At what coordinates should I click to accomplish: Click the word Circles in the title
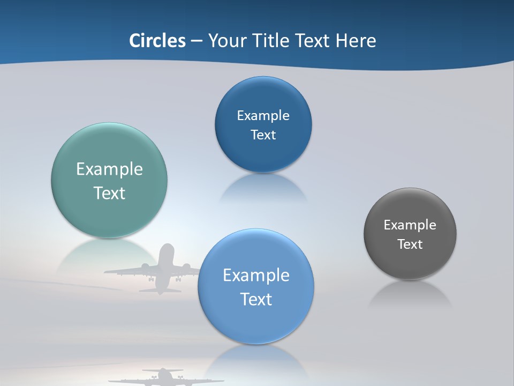[x=157, y=41]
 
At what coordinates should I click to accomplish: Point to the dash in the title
[x=196, y=41]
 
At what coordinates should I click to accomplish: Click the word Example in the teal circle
[x=109, y=169]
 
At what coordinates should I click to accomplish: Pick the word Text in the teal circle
[x=109, y=193]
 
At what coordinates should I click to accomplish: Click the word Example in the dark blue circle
[x=263, y=116]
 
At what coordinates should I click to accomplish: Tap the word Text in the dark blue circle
[x=263, y=135]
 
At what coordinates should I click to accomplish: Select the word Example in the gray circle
[x=410, y=225]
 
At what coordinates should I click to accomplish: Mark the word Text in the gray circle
[x=410, y=244]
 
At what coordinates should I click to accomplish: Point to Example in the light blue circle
[x=255, y=276]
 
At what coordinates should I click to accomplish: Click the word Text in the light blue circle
[x=255, y=299]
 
